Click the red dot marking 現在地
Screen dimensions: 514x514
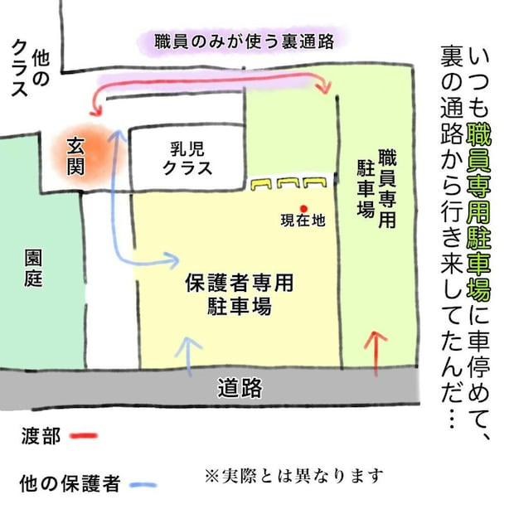[303, 209]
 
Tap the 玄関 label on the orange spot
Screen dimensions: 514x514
[75, 157]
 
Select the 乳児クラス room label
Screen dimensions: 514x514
[187, 158]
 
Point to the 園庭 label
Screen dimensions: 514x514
[34, 269]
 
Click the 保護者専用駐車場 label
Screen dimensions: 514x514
[240, 293]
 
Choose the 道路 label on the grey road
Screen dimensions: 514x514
[240, 388]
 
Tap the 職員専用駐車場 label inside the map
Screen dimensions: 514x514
[376, 188]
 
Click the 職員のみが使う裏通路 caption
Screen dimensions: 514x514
[245, 41]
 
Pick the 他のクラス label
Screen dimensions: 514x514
[30, 69]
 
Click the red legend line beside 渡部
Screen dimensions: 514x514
[84, 435]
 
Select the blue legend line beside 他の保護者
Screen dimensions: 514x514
[143, 484]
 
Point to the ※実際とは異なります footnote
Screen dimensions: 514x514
[293, 477]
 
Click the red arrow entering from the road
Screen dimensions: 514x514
[376, 354]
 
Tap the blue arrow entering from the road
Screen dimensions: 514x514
[189, 356]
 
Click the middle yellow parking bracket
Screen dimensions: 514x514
[289, 183]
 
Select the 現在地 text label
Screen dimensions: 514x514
[303, 221]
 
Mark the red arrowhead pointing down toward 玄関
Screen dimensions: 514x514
[96, 111]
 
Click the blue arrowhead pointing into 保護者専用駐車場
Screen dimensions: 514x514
[172, 260]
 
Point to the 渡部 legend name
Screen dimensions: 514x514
[41, 436]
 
